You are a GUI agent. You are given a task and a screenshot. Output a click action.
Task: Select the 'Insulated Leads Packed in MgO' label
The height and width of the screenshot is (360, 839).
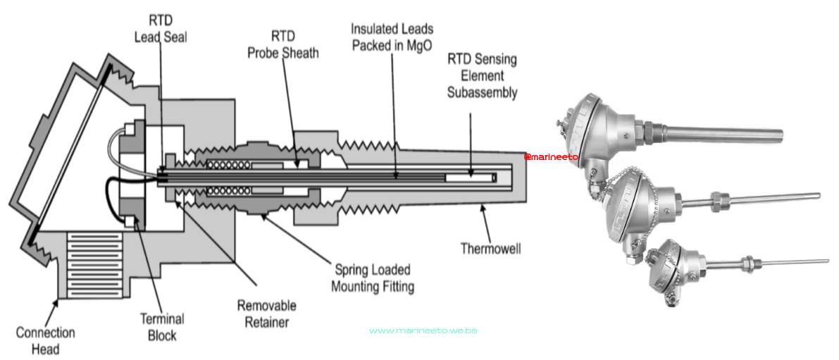(x=392, y=37)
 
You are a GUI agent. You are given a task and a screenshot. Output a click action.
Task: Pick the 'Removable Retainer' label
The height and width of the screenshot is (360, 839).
(x=266, y=314)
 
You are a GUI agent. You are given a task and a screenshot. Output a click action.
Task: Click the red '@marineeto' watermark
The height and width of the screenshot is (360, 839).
(x=552, y=156)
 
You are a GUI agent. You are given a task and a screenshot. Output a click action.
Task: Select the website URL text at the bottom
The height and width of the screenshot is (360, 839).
(x=423, y=330)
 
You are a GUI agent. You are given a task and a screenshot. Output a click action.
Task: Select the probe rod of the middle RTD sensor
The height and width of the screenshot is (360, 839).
(x=761, y=198)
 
